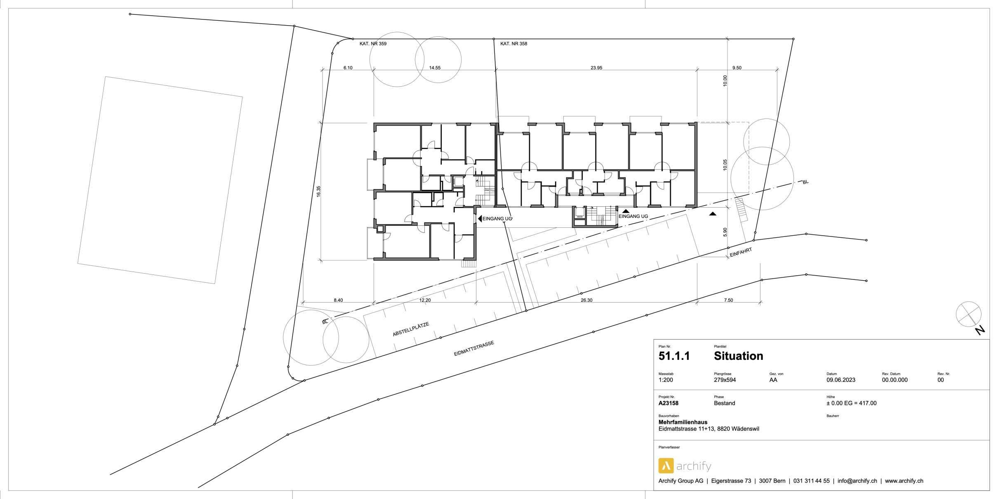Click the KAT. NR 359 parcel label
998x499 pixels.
pos(373,44)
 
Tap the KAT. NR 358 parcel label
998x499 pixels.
pos(513,44)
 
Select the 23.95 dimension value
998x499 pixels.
pos(596,68)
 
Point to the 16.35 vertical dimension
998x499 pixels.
pos(318,192)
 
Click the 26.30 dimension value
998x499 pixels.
pos(586,300)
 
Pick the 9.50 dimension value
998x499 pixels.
pos(737,68)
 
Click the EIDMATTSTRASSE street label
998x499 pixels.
pos(474,349)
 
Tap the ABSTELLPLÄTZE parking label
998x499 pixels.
pos(411,329)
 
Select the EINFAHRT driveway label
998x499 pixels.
pos(741,253)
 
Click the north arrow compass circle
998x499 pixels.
pos(968,314)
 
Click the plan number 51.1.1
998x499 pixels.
pos(674,356)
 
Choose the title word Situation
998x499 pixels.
pos(739,356)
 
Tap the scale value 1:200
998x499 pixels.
pos(666,380)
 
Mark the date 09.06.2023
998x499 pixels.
pos(841,380)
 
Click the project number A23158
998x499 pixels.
pos(668,403)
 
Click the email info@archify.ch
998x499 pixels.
pos(857,481)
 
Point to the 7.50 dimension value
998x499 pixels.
pos(729,300)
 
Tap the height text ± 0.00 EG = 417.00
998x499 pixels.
pos(852,403)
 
